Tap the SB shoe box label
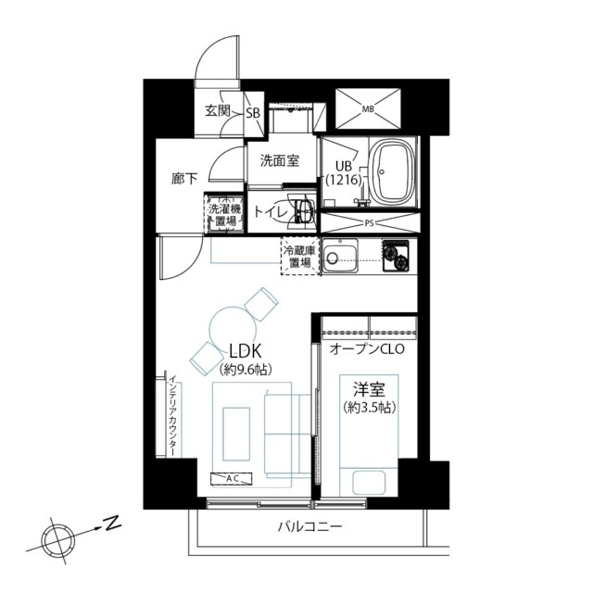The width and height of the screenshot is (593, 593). (x=253, y=113)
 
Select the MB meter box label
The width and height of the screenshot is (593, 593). (x=368, y=109)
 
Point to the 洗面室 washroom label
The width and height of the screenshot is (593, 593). (x=280, y=160)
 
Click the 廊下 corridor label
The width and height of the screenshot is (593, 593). (x=184, y=179)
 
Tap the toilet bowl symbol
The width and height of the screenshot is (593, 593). (x=304, y=212)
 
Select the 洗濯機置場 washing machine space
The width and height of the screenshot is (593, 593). (x=225, y=214)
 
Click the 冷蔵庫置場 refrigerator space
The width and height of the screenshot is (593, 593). (x=300, y=257)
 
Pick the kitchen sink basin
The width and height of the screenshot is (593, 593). (x=340, y=256)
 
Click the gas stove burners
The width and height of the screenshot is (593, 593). (x=396, y=255)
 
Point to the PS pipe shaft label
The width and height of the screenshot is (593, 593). (x=369, y=223)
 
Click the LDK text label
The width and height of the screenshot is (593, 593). (x=246, y=352)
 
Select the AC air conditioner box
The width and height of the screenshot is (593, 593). (x=231, y=478)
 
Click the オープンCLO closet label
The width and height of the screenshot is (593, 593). (x=367, y=348)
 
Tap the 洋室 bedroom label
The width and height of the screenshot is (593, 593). (x=369, y=389)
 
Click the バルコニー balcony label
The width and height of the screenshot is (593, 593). (x=309, y=527)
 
